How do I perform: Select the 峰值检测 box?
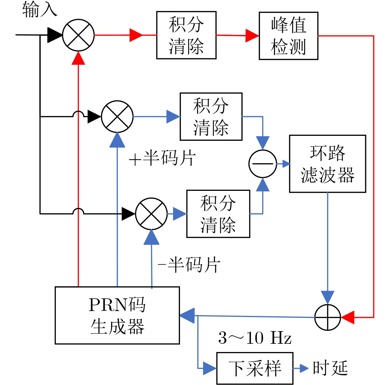click(288, 36)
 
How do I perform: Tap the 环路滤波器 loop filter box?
click(328, 164)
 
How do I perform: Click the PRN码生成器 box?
click(117, 315)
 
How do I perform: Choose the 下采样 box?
click(255, 368)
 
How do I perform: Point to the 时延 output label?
click(331, 368)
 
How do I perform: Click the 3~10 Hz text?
click(255, 338)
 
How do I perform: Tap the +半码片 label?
click(162, 158)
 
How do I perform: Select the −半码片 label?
click(189, 265)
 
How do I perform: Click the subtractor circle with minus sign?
click(263, 164)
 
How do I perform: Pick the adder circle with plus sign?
click(328, 317)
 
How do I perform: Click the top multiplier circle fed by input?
click(78, 35)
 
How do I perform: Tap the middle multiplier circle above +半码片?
click(117, 117)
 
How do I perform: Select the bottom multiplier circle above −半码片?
click(151, 214)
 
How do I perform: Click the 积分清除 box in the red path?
click(186, 35)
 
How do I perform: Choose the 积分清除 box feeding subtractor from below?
click(218, 214)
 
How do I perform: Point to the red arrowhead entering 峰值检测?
click(252, 36)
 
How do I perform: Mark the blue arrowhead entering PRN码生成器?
click(187, 315)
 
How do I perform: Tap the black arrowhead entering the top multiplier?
click(54, 35)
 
